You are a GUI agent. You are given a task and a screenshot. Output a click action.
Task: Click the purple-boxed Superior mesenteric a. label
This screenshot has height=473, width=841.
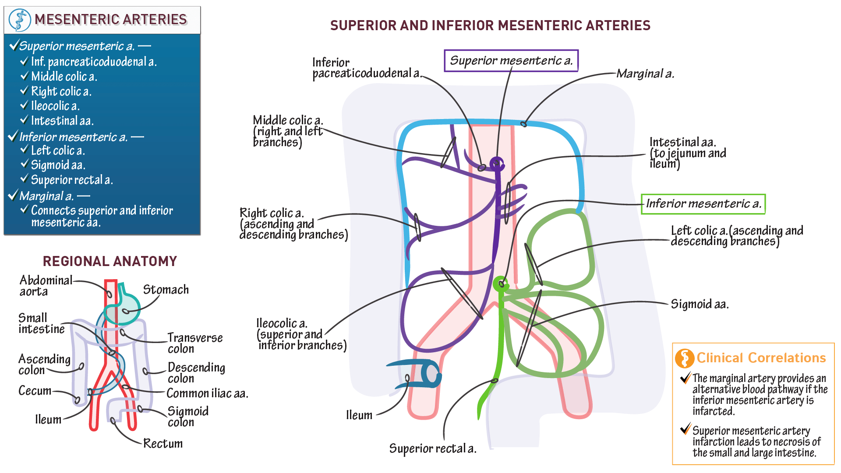click(x=511, y=60)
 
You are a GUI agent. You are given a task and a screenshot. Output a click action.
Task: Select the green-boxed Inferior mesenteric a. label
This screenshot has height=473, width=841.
click(x=703, y=204)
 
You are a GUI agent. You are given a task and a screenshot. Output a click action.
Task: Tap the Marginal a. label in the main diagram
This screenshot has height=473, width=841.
click(x=645, y=74)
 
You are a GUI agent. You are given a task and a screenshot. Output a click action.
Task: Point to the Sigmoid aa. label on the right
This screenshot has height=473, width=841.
click(x=700, y=304)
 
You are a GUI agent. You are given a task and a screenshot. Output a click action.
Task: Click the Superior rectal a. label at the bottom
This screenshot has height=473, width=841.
click(x=432, y=448)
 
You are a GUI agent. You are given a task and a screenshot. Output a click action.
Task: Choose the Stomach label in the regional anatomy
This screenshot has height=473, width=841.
click(x=166, y=290)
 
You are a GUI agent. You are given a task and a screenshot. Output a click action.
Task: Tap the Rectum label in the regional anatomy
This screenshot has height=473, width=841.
click(x=163, y=444)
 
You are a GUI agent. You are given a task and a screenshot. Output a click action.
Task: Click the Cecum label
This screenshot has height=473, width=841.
click(x=35, y=391)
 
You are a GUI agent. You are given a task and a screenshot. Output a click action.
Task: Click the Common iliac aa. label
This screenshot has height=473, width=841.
click(x=207, y=393)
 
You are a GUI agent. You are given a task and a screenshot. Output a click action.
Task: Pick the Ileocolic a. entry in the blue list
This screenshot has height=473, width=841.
click(x=55, y=106)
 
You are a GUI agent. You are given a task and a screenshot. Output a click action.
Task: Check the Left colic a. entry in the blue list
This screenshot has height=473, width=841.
click(x=57, y=151)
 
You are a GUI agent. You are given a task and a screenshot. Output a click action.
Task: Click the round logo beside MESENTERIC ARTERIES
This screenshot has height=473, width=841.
click(x=19, y=20)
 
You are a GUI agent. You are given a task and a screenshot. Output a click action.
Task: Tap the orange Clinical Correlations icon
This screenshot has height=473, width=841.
click(x=684, y=358)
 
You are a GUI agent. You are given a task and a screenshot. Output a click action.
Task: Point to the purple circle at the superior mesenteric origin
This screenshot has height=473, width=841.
click(x=496, y=164)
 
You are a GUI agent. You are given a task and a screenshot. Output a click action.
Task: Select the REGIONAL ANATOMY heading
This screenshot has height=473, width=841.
click(x=110, y=261)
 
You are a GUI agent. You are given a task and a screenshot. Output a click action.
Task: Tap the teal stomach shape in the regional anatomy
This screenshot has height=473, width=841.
click(x=127, y=306)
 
